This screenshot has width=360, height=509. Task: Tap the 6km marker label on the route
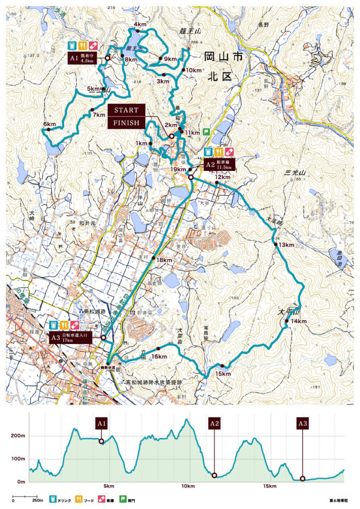pyautogui.click(x=49, y=124)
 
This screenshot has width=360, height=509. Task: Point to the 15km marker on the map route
pyautogui.click(x=223, y=373)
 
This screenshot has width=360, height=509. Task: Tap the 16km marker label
pyautogui.click(x=159, y=356)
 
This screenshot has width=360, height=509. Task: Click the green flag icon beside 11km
pyautogui.click(x=206, y=133)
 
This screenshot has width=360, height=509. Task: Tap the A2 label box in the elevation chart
pyautogui.click(x=214, y=424)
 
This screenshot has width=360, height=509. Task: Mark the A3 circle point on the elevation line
pyautogui.click(x=302, y=479)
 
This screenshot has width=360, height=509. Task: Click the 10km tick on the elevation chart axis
pyautogui.click(x=187, y=486)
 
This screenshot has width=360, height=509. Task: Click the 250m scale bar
pyautogui.click(x=23, y=497)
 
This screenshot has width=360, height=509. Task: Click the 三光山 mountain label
pyautogui.click(x=294, y=172)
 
